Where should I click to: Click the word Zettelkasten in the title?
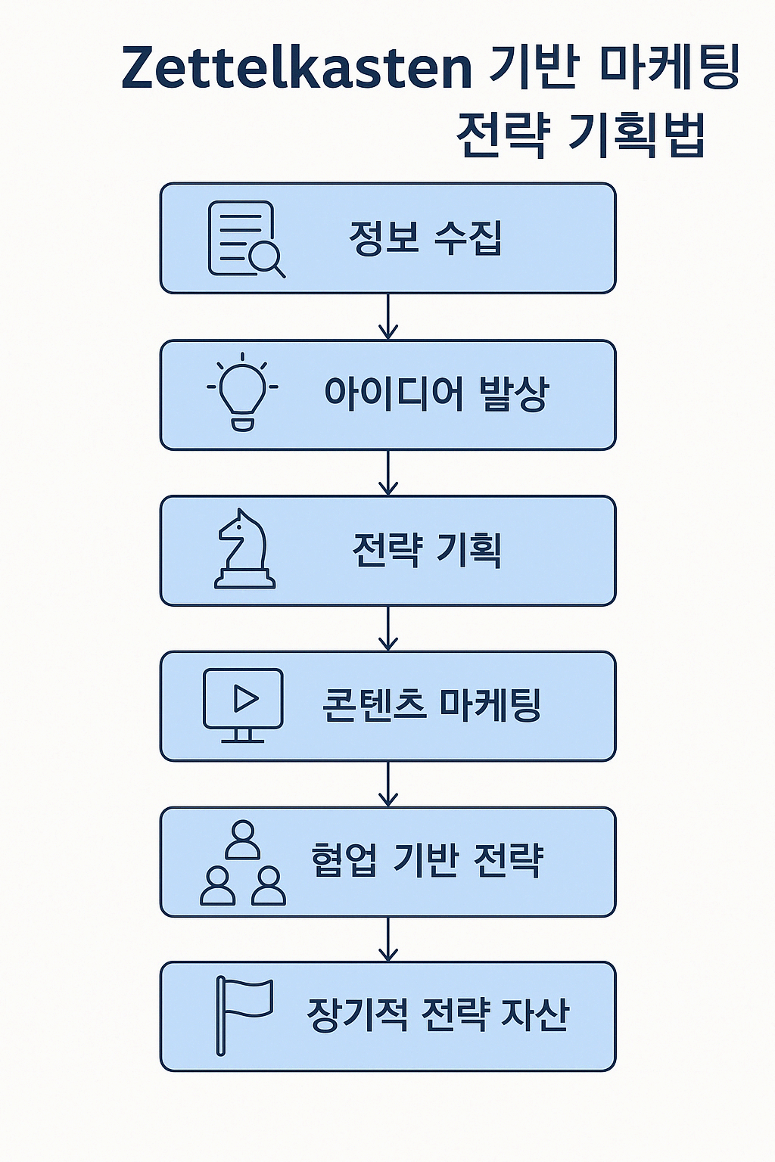tap(296, 69)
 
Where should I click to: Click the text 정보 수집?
tap(425, 238)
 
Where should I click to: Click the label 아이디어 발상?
tap(436, 394)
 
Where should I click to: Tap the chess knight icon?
tap(244, 549)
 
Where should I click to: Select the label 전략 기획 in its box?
tap(427, 550)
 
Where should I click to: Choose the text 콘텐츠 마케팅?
tap(431, 706)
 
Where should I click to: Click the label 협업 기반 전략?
tap(427, 861)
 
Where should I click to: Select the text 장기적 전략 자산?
tap(437, 1015)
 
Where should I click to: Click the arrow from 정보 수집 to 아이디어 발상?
tap(388, 317)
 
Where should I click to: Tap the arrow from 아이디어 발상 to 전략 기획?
tap(388, 473)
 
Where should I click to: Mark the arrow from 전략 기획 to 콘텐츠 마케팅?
tap(388, 629)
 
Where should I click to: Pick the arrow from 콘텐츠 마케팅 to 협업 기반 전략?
tap(388, 785)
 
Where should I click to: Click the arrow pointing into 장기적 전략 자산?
tap(388, 940)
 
